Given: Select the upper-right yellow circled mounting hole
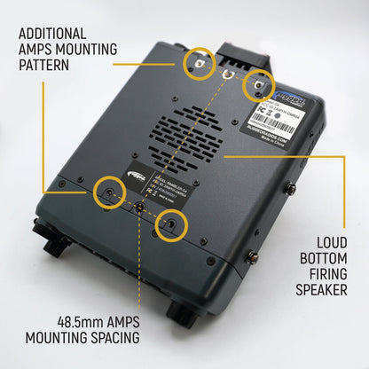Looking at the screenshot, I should (x=258, y=82).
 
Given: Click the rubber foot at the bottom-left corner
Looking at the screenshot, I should (x=51, y=246).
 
